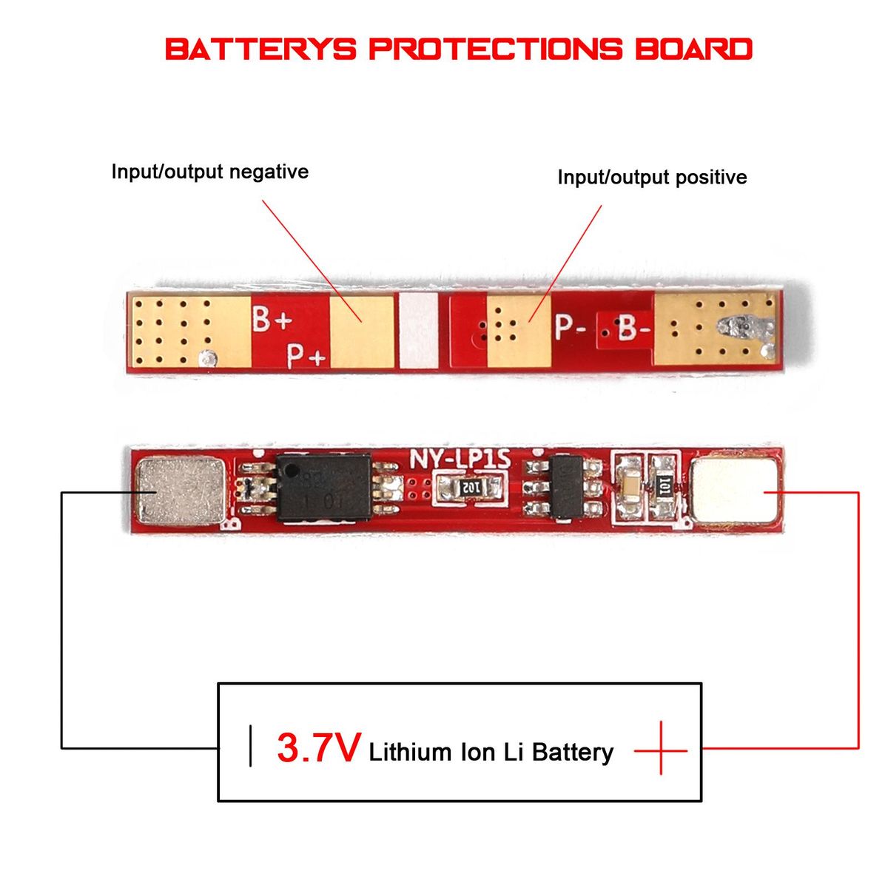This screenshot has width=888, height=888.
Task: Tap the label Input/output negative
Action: click(209, 172)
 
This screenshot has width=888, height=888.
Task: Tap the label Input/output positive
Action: click(652, 178)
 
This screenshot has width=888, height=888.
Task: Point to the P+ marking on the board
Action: click(306, 357)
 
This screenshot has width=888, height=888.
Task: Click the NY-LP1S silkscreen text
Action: click(460, 460)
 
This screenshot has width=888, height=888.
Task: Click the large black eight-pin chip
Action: click(323, 488)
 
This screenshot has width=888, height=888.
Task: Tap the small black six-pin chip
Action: click(568, 488)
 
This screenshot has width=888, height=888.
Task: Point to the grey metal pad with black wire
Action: click(181, 489)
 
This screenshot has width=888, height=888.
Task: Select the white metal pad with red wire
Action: click(736, 489)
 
